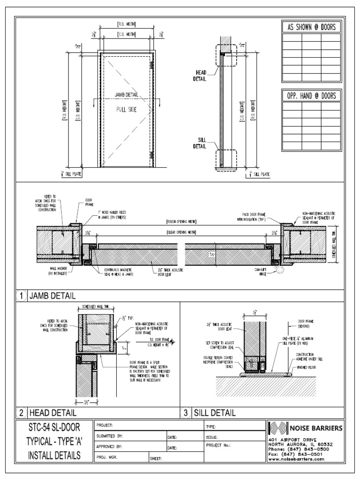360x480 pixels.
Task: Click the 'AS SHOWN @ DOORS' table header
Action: click(x=311, y=28)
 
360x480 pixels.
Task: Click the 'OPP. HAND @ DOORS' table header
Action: click(x=311, y=96)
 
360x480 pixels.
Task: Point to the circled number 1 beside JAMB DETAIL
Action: click(x=22, y=296)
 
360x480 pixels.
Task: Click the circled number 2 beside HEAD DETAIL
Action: click(x=22, y=413)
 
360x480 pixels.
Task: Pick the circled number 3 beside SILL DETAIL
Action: click(x=186, y=413)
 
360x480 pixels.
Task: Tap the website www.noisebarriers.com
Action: click(x=296, y=460)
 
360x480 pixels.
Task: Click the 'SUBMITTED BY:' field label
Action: click(x=110, y=436)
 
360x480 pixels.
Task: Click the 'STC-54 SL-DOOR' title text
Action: click(x=53, y=427)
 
